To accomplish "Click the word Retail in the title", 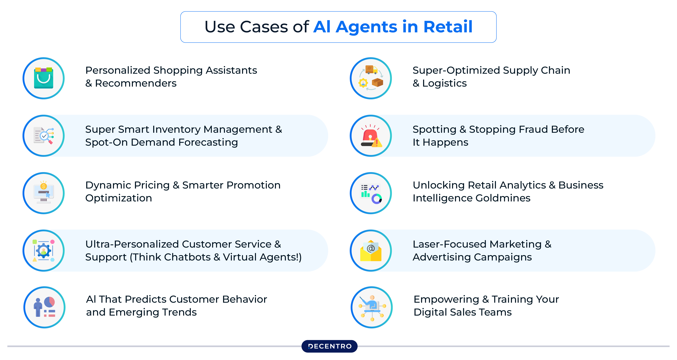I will [x=448, y=27].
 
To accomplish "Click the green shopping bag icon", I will [x=44, y=78].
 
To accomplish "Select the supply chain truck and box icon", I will [x=371, y=78].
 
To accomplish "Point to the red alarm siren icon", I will [x=371, y=136].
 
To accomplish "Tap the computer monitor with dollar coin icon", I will [x=44, y=193].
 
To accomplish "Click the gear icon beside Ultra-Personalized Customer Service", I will [x=44, y=251].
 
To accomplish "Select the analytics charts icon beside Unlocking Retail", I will [x=371, y=193].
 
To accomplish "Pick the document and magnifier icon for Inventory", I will [x=44, y=136].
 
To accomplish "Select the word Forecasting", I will [x=208, y=142].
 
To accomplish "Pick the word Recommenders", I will [x=136, y=83].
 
